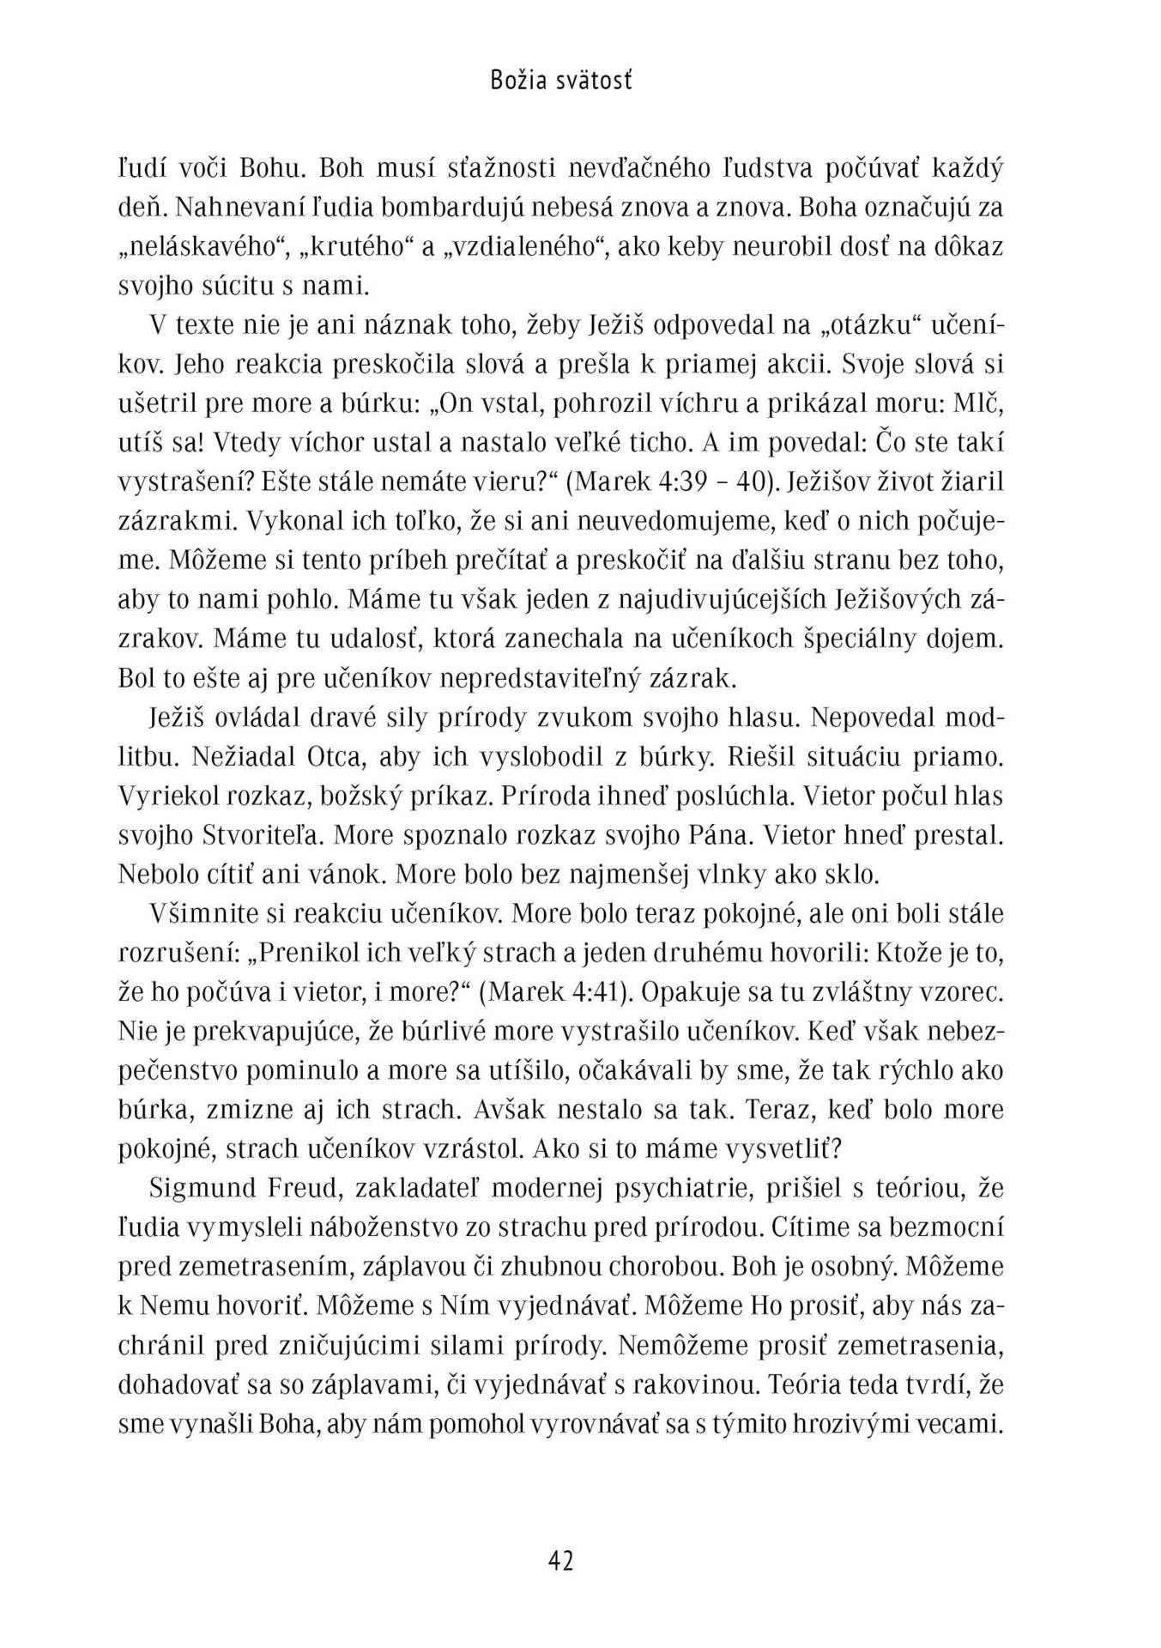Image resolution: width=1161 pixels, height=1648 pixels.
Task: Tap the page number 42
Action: tap(559, 1560)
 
